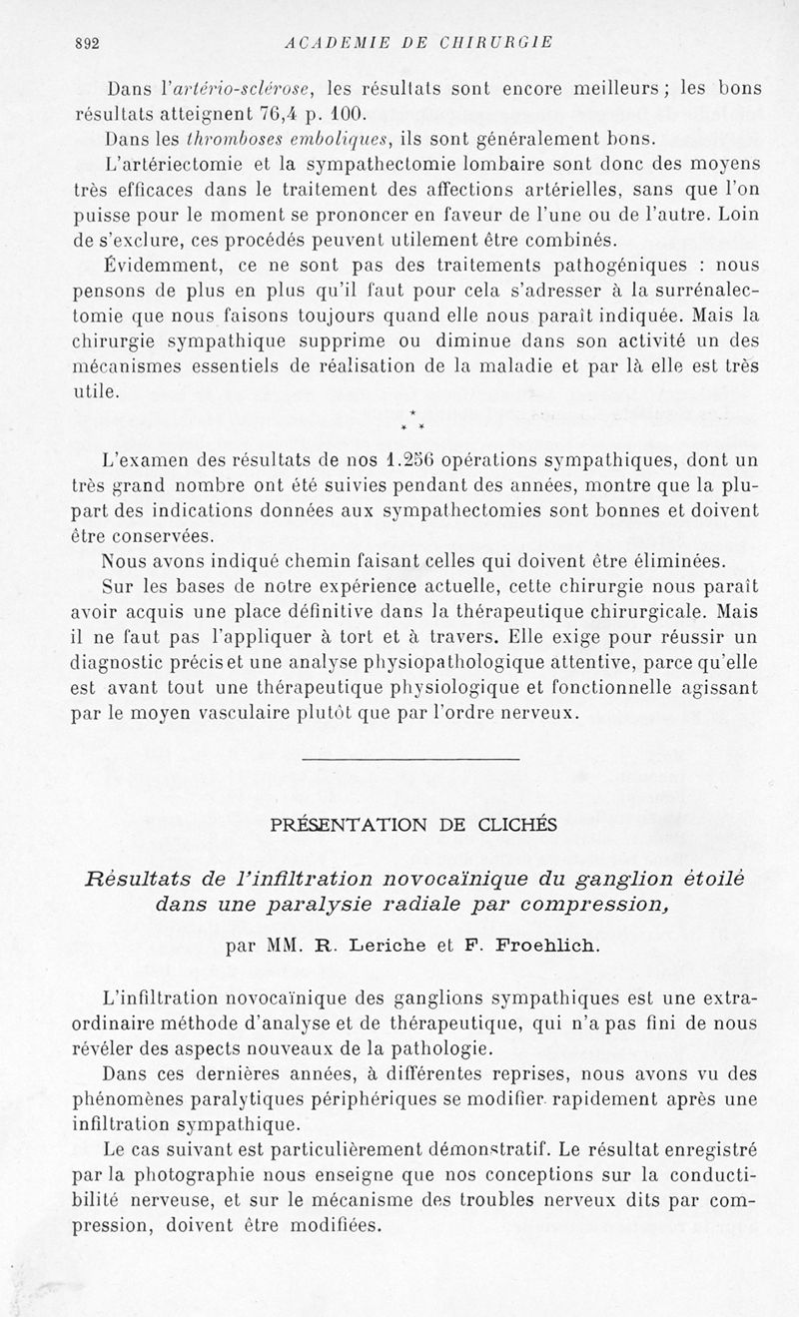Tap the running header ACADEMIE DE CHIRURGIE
[x=418, y=43]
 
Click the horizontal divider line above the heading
[x=409, y=760]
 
